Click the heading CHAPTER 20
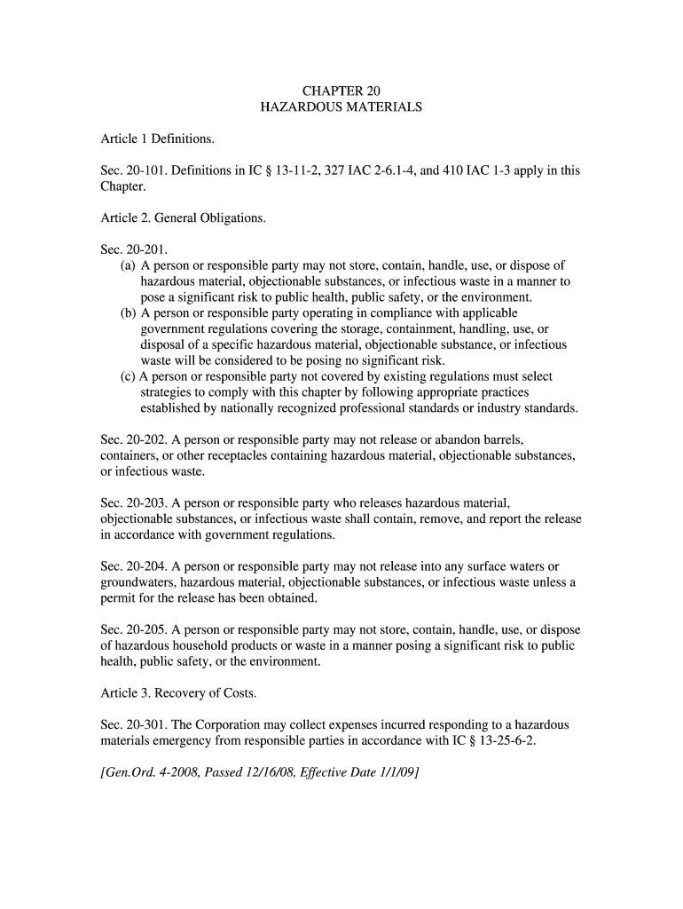[341, 91]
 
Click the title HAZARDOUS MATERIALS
[341, 107]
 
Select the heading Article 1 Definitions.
[157, 138]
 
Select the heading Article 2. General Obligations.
[183, 218]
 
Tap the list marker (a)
[129, 266]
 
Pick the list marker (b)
[129, 313]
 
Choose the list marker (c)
[129, 377]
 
